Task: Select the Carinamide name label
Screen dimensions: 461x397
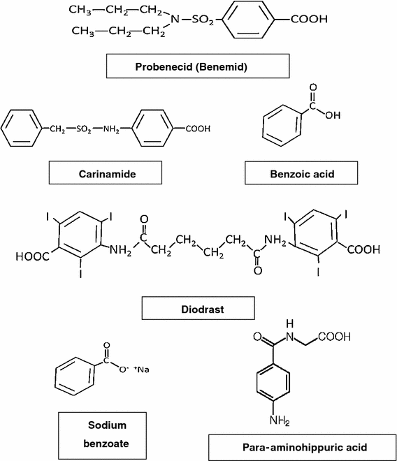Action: click(106, 172)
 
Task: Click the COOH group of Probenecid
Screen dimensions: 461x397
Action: click(308, 19)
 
